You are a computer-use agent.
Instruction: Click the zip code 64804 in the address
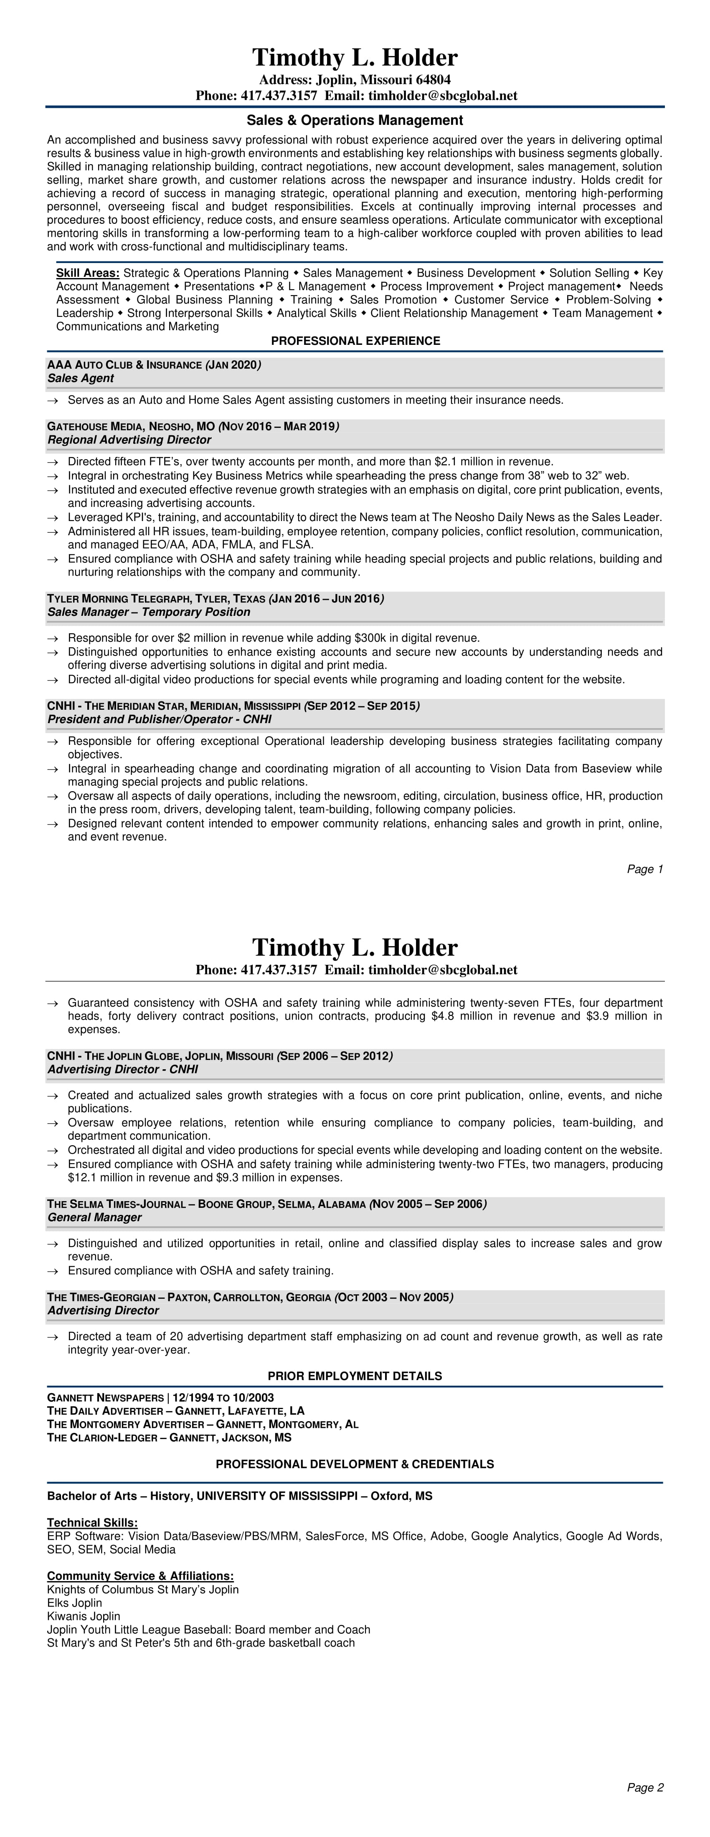tap(433, 80)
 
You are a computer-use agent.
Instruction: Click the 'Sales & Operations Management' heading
tap(355, 121)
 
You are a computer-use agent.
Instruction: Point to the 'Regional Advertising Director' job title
tap(129, 440)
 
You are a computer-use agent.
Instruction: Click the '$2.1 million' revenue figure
tap(467, 462)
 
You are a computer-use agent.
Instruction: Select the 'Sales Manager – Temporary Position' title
tap(148, 612)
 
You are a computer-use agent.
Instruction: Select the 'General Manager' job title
tap(94, 1217)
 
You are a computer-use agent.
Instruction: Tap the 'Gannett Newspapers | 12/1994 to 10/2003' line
tap(160, 1398)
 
